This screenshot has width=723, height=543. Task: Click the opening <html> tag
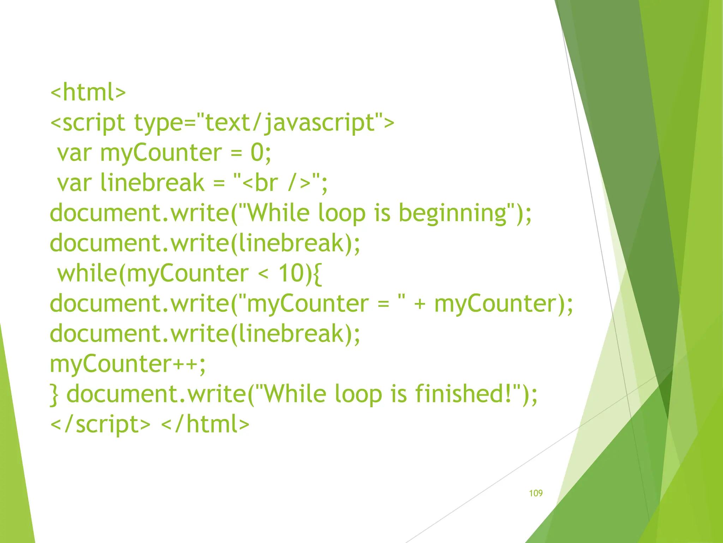tap(88, 93)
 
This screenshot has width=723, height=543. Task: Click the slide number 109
tap(536, 493)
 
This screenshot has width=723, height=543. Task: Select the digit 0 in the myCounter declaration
tap(257, 153)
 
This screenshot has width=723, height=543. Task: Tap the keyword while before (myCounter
tap(87, 274)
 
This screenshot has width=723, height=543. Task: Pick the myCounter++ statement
tap(127, 364)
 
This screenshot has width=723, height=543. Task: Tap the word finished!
tap(467, 394)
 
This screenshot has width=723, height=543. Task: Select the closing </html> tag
tap(205, 425)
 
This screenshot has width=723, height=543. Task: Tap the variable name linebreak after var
tap(152, 183)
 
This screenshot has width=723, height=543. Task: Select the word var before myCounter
tap(74, 153)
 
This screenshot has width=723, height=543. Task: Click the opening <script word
tap(88, 123)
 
